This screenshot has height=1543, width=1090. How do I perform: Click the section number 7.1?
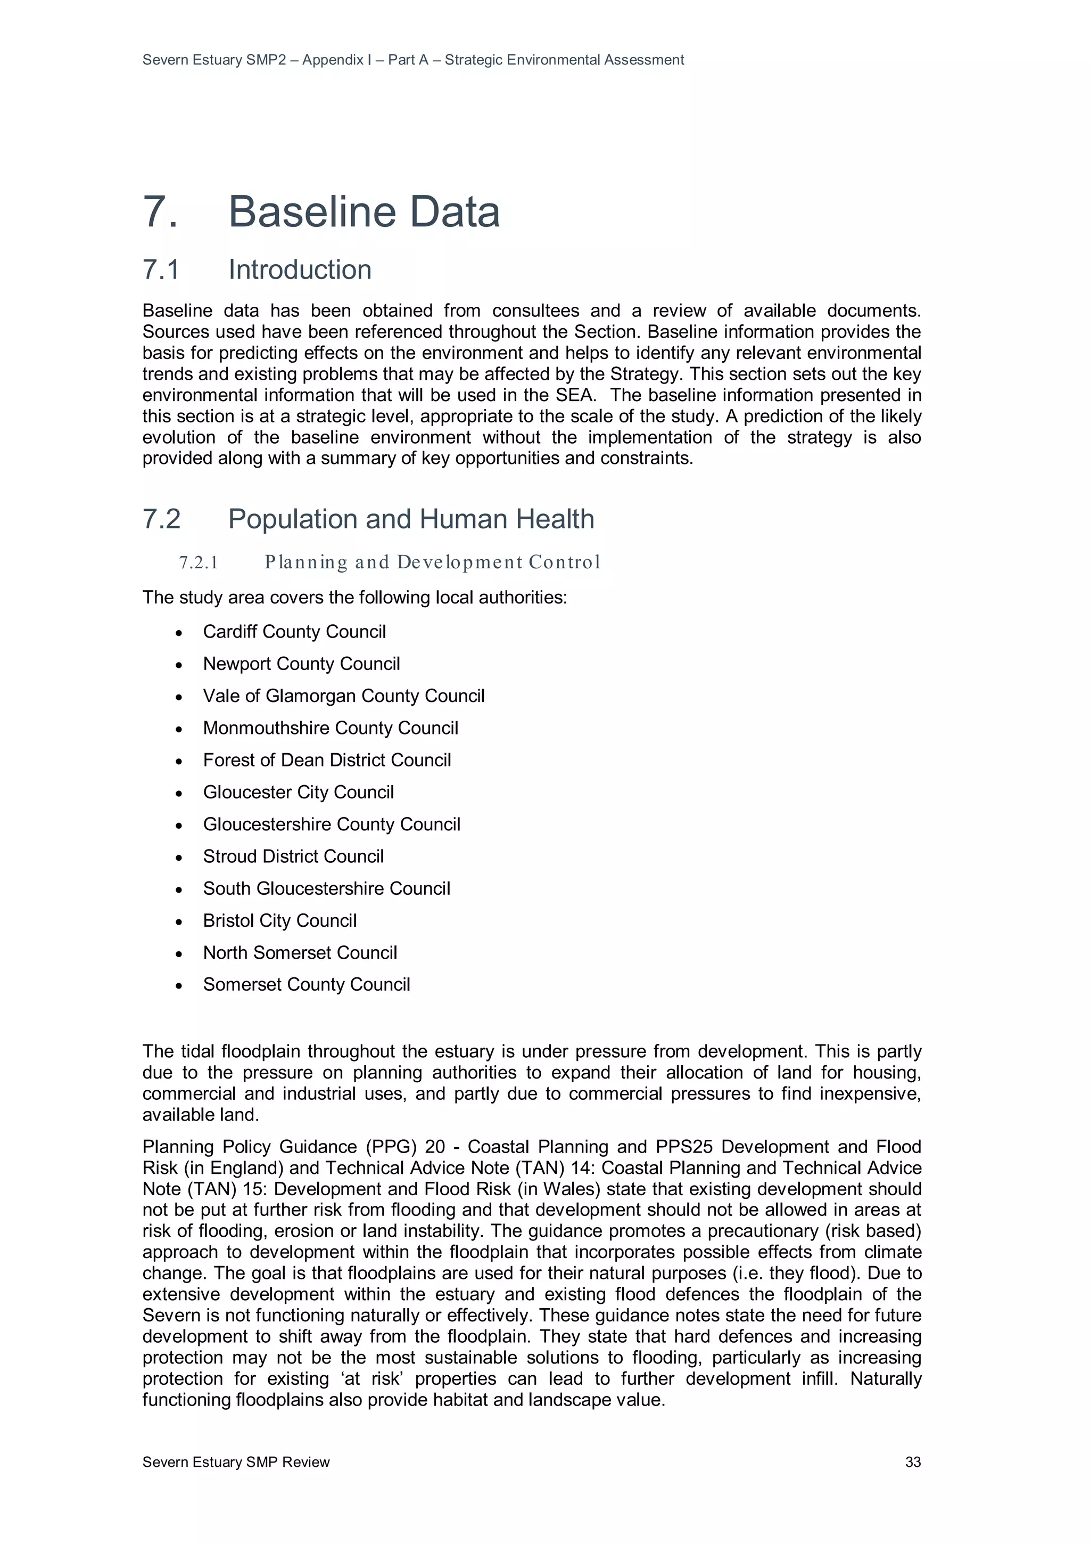pos(161,270)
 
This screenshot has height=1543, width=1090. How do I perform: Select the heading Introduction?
pos(300,270)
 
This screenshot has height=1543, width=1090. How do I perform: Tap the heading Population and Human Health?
pos(411,519)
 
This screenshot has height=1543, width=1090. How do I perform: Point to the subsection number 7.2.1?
pos(199,562)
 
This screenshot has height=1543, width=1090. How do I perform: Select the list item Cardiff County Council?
pos(294,632)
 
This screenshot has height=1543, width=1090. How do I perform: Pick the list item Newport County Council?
pos(301,664)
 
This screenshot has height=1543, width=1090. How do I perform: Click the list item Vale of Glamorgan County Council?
pos(343,696)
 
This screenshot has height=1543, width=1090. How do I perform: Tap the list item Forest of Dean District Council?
pos(327,760)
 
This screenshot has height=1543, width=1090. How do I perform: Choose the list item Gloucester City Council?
pos(298,793)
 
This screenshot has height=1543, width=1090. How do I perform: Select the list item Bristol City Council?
pos(279,921)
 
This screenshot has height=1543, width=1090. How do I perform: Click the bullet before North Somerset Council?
pos(179,953)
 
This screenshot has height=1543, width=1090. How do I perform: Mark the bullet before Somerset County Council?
pos(179,986)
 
